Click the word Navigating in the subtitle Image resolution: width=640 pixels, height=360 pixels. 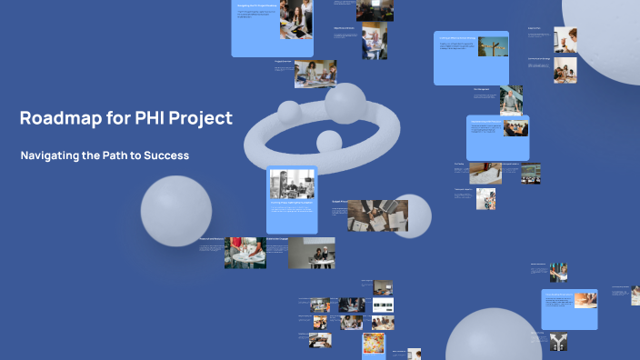pyautogui.click(x=52, y=155)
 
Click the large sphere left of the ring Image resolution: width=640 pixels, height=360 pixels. pyautogui.click(x=175, y=211)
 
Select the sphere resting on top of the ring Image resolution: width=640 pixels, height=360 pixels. pyautogui.click(x=345, y=103)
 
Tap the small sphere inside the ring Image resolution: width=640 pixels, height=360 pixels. pyautogui.click(x=328, y=141)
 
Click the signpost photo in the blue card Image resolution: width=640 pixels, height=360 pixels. pyautogui.click(x=493, y=46)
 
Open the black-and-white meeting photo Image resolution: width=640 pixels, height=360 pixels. pyautogui.click(x=292, y=185)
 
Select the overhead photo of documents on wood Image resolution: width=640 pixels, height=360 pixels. pyautogui.click(x=377, y=215)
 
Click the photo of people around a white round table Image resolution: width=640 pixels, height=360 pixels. pyautogui.click(x=245, y=253)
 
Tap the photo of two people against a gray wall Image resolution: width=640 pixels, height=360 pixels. pyautogui.click(x=312, y=253)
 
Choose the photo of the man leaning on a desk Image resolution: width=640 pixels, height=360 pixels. pyautogui.click(x=511, y=100)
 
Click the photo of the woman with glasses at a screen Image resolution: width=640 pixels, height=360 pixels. pyautogui.click(x=374, y=40)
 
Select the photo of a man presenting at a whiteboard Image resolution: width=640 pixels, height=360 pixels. pyautogui.click(x=558, y=272)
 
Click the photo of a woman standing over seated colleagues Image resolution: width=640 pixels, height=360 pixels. pyautogui.click(x=315, y=74)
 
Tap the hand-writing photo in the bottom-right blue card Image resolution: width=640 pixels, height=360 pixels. pyautogui.click(x=584, y=313)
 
